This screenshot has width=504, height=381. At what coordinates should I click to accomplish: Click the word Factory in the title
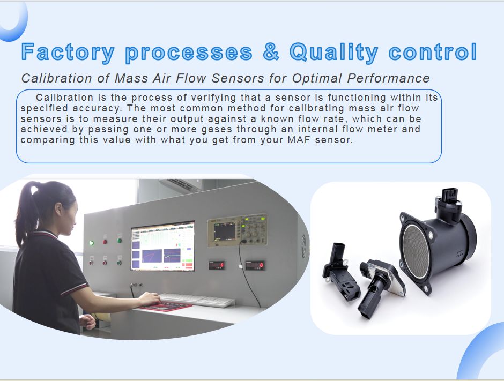68,53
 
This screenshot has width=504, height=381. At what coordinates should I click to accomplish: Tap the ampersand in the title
271,51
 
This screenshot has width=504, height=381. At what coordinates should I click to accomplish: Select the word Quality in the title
334,53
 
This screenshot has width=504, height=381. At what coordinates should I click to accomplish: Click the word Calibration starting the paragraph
64,98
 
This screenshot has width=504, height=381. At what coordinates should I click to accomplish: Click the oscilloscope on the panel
237,231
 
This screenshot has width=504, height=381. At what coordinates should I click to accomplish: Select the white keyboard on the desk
197,300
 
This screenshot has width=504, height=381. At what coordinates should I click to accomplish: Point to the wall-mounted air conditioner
181,185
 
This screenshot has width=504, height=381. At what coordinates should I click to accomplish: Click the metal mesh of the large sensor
416,251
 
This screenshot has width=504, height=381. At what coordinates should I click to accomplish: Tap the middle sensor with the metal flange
381,287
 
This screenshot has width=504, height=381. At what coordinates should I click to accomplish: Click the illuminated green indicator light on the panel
92,243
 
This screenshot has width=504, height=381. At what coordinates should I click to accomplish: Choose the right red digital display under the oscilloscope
255,265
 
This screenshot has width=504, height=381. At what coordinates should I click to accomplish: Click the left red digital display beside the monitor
217,265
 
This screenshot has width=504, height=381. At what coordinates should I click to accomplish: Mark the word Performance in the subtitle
388,78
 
